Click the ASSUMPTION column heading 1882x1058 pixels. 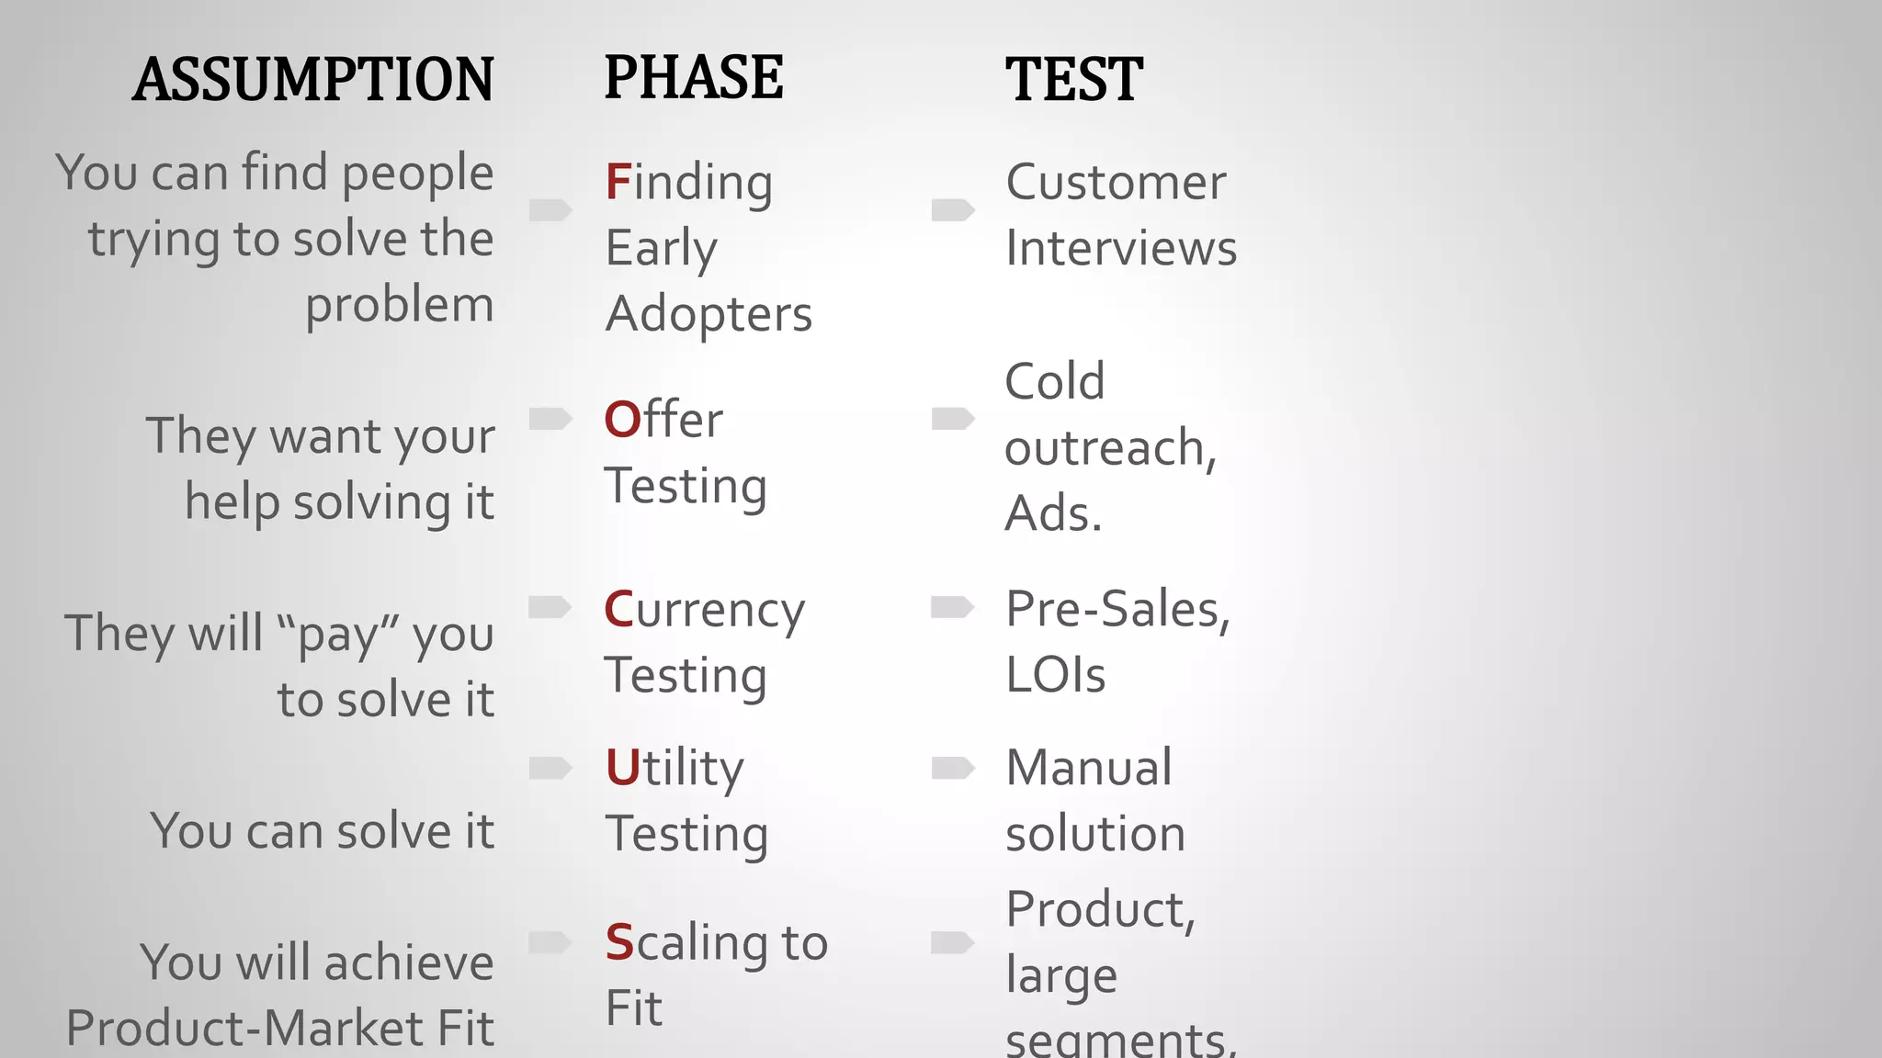pos(313,80)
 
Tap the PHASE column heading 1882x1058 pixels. pos(693,78)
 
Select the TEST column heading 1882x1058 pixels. pos(1073,80)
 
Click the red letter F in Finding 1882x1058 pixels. pos(618,182)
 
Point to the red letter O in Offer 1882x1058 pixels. pos(622,420)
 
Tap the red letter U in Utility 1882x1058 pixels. pos(622,768)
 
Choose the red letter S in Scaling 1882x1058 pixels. pos(619,942)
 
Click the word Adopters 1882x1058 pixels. pos(709,314)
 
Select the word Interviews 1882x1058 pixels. pos(1121,248)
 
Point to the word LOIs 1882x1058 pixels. pos(1055,675)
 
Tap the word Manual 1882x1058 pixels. pos(1089,768)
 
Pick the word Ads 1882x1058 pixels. pos(1053,513)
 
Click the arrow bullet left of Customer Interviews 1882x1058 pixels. pos(952,210)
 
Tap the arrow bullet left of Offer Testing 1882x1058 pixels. pos(550,419)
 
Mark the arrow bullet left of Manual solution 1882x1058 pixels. pos(952,768)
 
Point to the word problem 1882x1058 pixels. pos(400,305)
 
